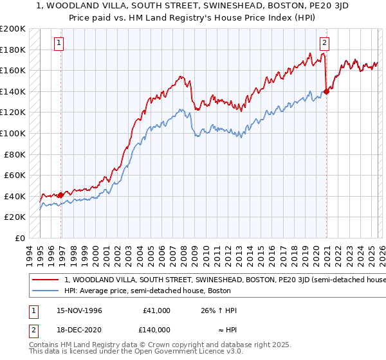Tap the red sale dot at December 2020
[x=326, y=91]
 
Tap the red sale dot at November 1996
[x=61, y=195]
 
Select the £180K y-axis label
[x=13, y=50]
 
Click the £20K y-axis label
[x=15, y=217]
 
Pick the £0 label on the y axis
[x=19, y=238]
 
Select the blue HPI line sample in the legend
[x=44, y=291]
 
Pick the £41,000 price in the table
[x=156, y=310]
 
